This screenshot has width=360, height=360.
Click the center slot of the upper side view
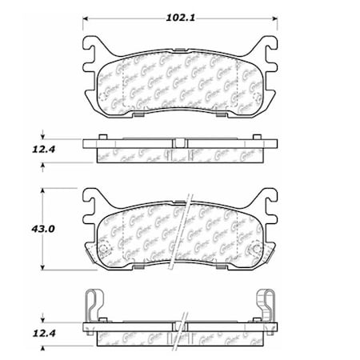tap(180, 142)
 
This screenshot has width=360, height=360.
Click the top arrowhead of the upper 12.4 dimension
tap(42, 138)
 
